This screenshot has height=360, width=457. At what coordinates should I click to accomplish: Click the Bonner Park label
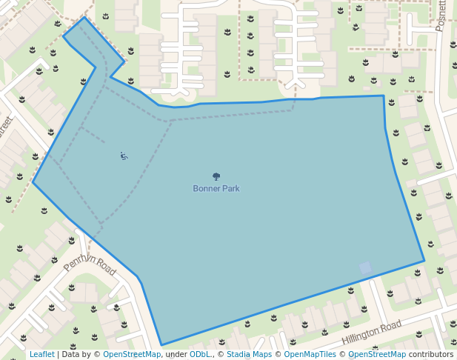[216, 188]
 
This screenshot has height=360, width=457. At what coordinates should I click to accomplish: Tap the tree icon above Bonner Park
[216, 176]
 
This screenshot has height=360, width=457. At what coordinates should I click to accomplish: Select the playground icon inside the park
[124, 156]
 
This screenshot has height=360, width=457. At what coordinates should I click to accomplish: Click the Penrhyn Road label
[90, 263]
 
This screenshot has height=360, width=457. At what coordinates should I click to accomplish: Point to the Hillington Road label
[371, 333]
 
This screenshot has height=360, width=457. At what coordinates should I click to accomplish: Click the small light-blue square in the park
[365, 267]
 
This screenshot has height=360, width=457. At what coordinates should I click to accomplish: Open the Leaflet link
[42, 354]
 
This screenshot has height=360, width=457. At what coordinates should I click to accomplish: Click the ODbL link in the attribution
[200, 354]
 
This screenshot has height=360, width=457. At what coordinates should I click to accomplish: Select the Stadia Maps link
[249, 354]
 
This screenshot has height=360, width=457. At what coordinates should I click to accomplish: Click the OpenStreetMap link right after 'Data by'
[132, 354]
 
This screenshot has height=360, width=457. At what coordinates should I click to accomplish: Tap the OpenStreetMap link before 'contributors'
[377, 354]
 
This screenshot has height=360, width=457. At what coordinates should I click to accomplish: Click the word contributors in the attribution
[431, 354]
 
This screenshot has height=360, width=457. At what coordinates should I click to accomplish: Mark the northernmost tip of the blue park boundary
[84, 17]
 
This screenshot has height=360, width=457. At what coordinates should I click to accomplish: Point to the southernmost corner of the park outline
[161, 345]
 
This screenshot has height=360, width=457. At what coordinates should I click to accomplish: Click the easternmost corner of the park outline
[424, 261]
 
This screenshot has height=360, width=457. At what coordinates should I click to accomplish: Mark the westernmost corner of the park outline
[33, 182]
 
